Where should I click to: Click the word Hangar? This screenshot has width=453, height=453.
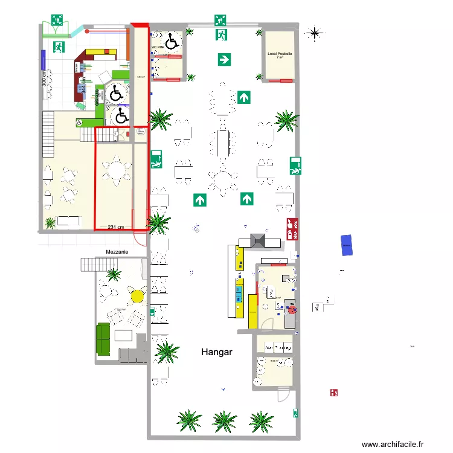[x=217, y=351]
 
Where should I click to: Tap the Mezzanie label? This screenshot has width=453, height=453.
[x=117, y=251]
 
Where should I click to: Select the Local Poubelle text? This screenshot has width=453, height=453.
[x=280, y=54]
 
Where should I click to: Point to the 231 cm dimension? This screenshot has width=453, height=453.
[x=116, y=227]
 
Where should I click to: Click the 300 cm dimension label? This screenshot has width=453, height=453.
[x=44, y=77]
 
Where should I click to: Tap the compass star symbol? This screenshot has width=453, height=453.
[x=314, y=33]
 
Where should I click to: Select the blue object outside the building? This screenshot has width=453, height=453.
[x=347, y=245]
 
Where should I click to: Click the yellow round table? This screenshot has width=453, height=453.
[x=137, y=296]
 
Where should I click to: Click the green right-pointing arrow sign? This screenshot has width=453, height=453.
[x=224, y=59]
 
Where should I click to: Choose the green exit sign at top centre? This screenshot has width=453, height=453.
[x=220, y=20]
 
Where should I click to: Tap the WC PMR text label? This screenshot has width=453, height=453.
[x=158, y=47]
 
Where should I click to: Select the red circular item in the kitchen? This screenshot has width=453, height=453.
[x=292, y=310]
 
